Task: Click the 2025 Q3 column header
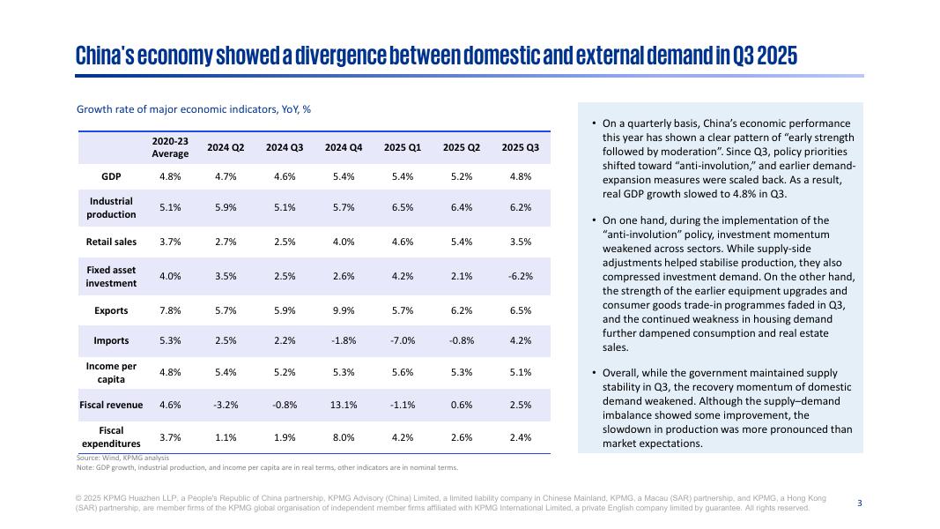point(520,147)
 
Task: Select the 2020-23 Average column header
point(170,147)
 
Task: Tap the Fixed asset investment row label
point(111,277)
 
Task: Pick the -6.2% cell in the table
point(520,277)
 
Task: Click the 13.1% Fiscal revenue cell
point(344,406)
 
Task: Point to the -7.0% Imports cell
point(403,341)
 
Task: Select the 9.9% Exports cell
point(344,311)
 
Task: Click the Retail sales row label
point(111,242)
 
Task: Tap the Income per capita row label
point(111,372)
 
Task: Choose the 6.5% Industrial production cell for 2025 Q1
point(403,208)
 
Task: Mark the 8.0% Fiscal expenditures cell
point(344,437)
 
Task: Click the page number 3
point(860,503)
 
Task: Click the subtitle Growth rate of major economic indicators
point(194,110)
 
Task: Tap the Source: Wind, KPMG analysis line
point(122,458)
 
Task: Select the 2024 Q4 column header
point(344,147)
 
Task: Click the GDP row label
point(111,176)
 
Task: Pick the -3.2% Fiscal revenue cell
point(226,406)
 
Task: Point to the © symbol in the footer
point(79,498)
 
